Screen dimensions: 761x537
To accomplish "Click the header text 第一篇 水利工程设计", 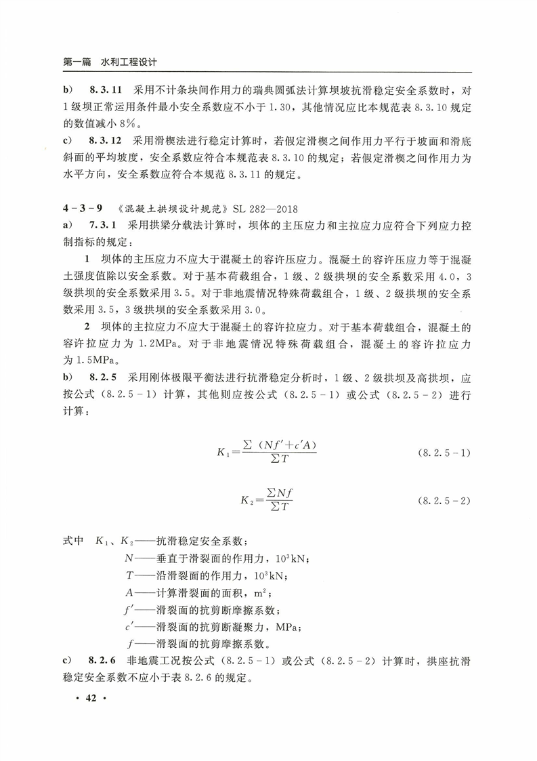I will (110, 61).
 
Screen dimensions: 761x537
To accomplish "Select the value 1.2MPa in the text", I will (157, 344).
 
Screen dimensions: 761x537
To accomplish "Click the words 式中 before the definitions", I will (72, 542).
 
